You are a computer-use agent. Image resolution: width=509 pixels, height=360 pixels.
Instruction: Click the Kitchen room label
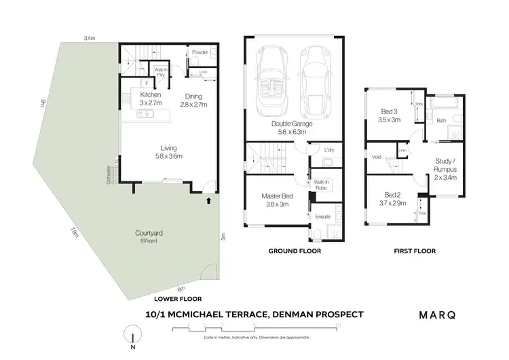coord(150,94)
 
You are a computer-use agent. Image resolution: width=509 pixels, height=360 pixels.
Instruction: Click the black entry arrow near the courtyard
coord(209,201)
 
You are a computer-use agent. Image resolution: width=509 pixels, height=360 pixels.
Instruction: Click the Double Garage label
coord(290,124)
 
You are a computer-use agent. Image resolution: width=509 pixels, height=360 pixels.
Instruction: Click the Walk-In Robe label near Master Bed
coord(321,185)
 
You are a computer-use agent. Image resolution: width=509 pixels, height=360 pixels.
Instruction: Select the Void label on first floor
coord(377,157)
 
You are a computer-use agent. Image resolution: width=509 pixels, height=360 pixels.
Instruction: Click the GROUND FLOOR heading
coord(295,251)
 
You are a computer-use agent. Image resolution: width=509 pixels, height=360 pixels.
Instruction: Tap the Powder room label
coord(200,52)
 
